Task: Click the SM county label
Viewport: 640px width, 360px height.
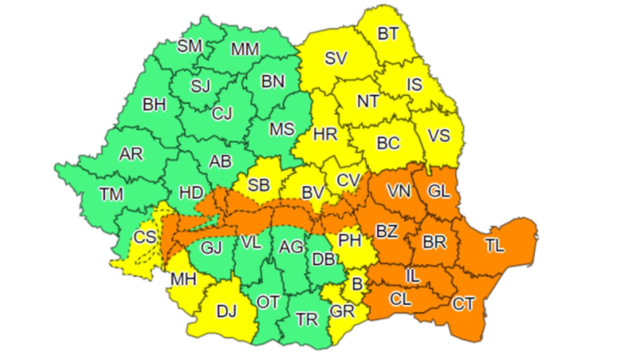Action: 189,46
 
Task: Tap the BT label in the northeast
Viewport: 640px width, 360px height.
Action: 388,34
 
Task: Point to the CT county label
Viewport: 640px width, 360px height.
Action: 463,303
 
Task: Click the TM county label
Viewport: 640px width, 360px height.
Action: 111,193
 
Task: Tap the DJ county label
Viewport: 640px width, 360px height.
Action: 227,311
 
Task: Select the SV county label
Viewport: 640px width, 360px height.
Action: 335,58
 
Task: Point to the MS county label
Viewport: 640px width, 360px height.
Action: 282,129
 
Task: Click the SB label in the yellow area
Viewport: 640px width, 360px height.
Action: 259,185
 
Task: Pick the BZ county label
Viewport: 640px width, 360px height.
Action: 386,231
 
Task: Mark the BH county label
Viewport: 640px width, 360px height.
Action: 154,105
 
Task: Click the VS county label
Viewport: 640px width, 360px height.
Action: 439,135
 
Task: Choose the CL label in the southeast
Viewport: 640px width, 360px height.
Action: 400,299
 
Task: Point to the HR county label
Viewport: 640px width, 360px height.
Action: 325,134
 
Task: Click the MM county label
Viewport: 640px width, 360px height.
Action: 245,49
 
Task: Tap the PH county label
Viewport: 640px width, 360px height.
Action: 350,240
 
